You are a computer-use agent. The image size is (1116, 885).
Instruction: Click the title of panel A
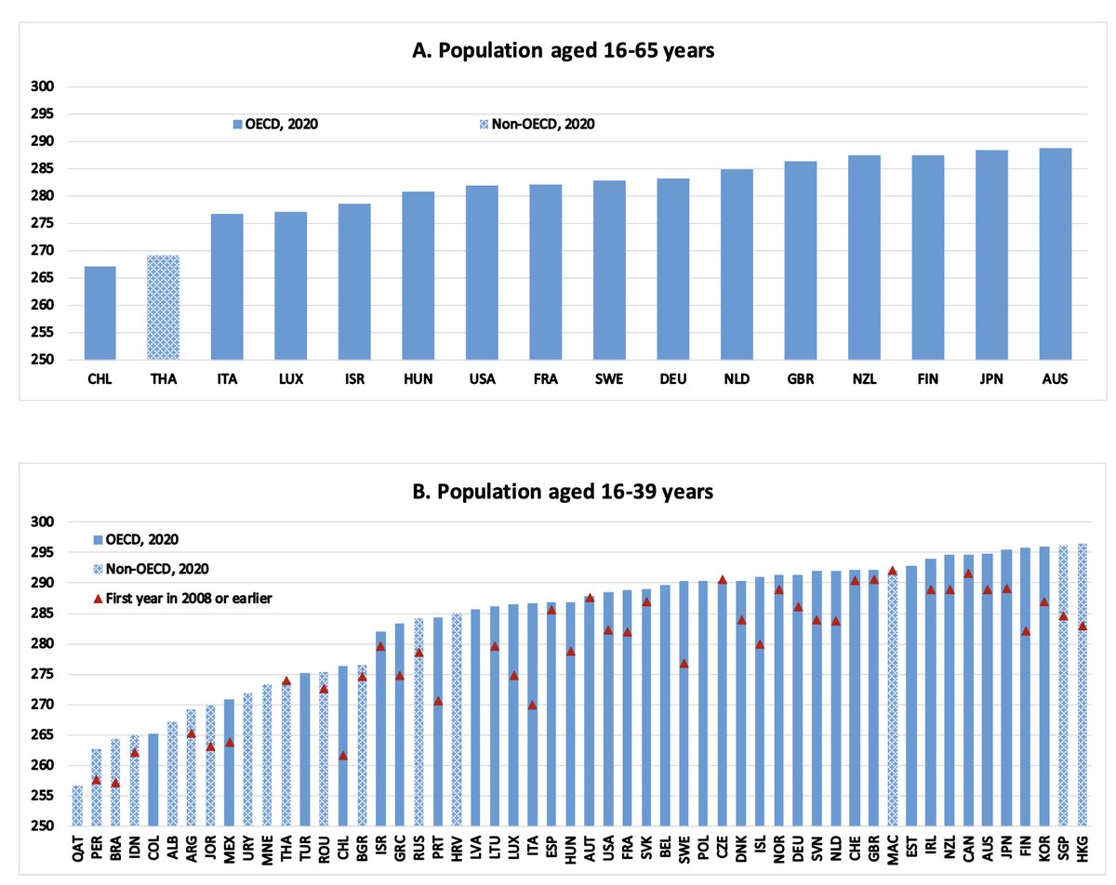(564, 52)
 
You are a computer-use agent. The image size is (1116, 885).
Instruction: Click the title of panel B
(564, 491)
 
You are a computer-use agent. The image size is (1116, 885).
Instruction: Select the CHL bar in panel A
(100, 312)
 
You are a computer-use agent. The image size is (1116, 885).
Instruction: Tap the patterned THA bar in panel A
(163, 307)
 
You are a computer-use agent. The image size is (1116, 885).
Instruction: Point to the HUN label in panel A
(418, 379)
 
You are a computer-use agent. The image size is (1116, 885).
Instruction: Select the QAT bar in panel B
(77, 806)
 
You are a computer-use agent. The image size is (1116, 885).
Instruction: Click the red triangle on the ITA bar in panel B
(533, 705)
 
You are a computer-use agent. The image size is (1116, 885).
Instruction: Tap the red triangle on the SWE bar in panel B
(684, 663)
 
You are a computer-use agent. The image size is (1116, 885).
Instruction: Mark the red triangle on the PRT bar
(438, 701)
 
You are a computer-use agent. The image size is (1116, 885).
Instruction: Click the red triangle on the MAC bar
(892, 571)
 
